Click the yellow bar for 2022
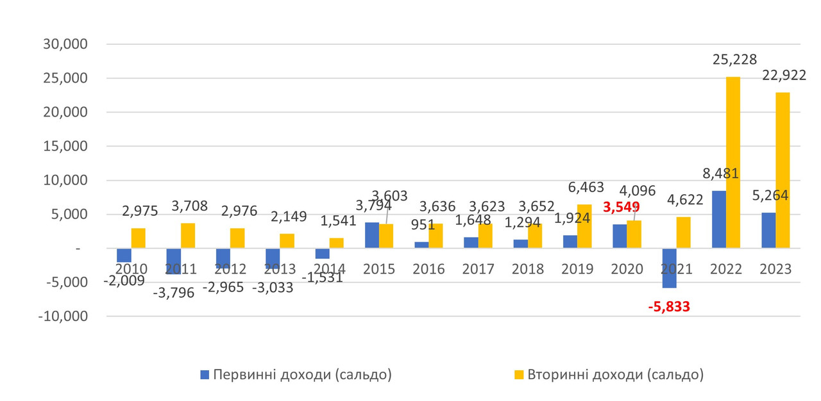[733, 163]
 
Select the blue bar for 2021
[669, 268]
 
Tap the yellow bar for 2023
[783, 170]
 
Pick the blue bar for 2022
[718, 219]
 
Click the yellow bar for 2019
[584, 226]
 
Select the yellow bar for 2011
[188, 235]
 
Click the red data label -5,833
[669, 307]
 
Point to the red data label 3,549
[621, 207]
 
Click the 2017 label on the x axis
[478, 269]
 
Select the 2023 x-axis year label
[775, 269]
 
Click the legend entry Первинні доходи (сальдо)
[302, 375]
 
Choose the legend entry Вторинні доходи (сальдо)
[616, 375]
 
